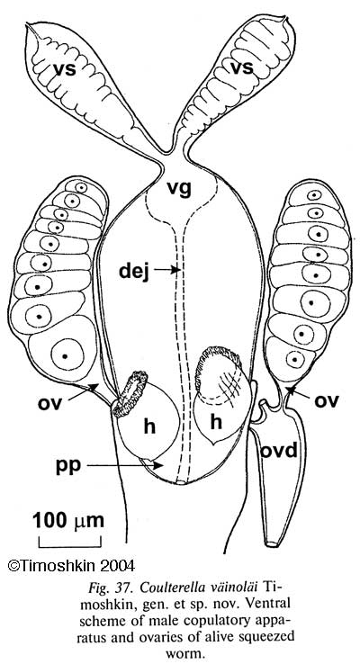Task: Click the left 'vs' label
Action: pos(65,69)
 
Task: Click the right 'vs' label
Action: pos(241,67)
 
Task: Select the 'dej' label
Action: pos(134,270)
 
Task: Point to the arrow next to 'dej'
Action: pos(166,269)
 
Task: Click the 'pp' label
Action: pos(68,467)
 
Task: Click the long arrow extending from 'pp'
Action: pos(125,465)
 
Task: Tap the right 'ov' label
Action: pos(326,401)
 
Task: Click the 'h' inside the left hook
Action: pos(148,426)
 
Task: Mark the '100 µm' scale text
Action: pos(68,520)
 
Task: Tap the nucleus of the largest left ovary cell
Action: pos(65,354)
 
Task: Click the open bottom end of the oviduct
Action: pos(274,543)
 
